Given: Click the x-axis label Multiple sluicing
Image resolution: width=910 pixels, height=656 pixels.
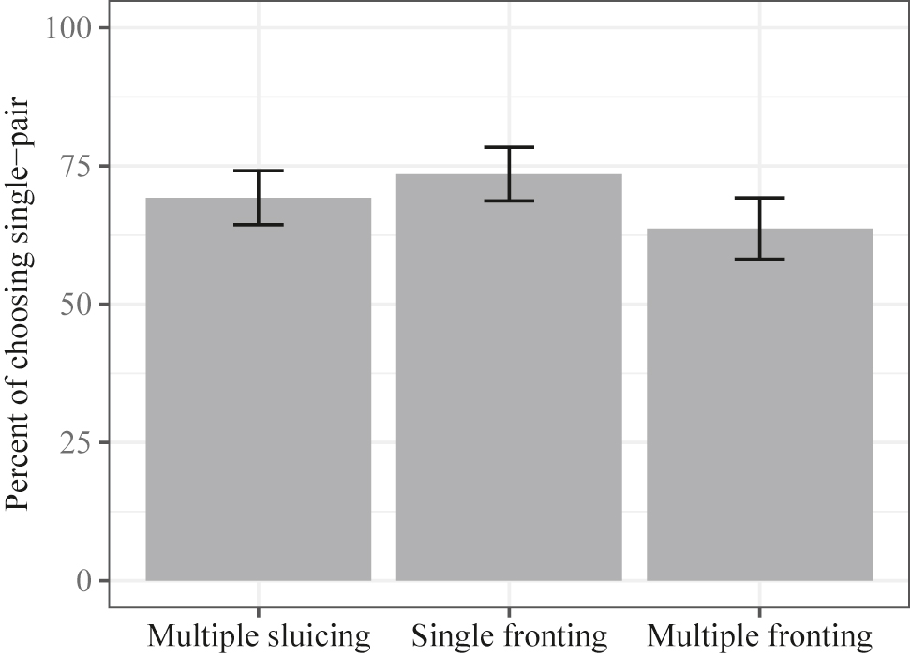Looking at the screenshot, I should tap(259, 637).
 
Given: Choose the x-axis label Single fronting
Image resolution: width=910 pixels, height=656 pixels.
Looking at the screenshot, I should tap(509, 637).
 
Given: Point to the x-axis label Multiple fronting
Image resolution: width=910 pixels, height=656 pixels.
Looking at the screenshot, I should tap(759, 637).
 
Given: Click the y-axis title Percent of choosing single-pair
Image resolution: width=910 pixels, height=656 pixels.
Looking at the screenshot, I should tap(22, 304).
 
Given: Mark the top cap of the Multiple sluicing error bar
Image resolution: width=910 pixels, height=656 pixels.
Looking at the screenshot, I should tap(259, 171).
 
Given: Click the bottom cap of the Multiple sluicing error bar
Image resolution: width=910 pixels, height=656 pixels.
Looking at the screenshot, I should tap(259, 225).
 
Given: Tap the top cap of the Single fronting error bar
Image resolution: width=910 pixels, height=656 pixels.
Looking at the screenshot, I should tap(509, 147).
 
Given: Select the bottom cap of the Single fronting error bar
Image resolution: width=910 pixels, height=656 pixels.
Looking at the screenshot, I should tap(509, 201).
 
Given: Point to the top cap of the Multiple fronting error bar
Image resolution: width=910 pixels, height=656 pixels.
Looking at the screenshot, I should tap(759, 198).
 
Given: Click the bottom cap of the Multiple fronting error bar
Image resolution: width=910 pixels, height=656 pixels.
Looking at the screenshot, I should tap(759, 259).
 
